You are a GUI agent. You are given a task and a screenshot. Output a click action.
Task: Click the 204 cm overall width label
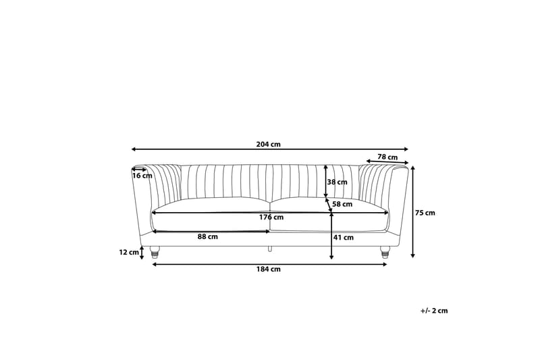(x=269, y=144)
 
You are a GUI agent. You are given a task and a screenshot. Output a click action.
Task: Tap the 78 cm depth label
(x=387, y=157)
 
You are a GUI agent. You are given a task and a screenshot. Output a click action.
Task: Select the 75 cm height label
(x=425, y=213)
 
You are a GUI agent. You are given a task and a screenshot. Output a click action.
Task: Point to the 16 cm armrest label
(x=142, y=176)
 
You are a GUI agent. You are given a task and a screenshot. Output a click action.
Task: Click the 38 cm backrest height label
(x=337, y=182)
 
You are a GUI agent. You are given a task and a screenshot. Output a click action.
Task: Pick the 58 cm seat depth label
(x=342, y=204)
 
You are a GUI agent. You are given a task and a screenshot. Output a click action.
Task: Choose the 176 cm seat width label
(x=273, y=217)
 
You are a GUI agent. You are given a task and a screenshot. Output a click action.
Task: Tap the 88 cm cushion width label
(x=207, y=237)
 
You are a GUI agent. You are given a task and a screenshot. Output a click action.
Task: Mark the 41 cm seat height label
(x=344, y=237)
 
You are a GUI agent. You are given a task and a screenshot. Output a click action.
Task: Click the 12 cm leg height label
(x=128, y=253)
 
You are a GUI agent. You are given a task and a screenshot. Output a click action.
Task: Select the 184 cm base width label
(x=270, y=269)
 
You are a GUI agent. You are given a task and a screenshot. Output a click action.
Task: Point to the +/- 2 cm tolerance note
(x=434, y=311)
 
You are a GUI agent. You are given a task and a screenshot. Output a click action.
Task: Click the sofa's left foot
(x=155, y=253)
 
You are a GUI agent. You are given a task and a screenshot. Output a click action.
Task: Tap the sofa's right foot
(x=385, y=252)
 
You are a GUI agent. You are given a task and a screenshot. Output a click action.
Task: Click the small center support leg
(x=270, y=249)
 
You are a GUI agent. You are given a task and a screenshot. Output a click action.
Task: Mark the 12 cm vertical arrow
(x=142, y=253)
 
